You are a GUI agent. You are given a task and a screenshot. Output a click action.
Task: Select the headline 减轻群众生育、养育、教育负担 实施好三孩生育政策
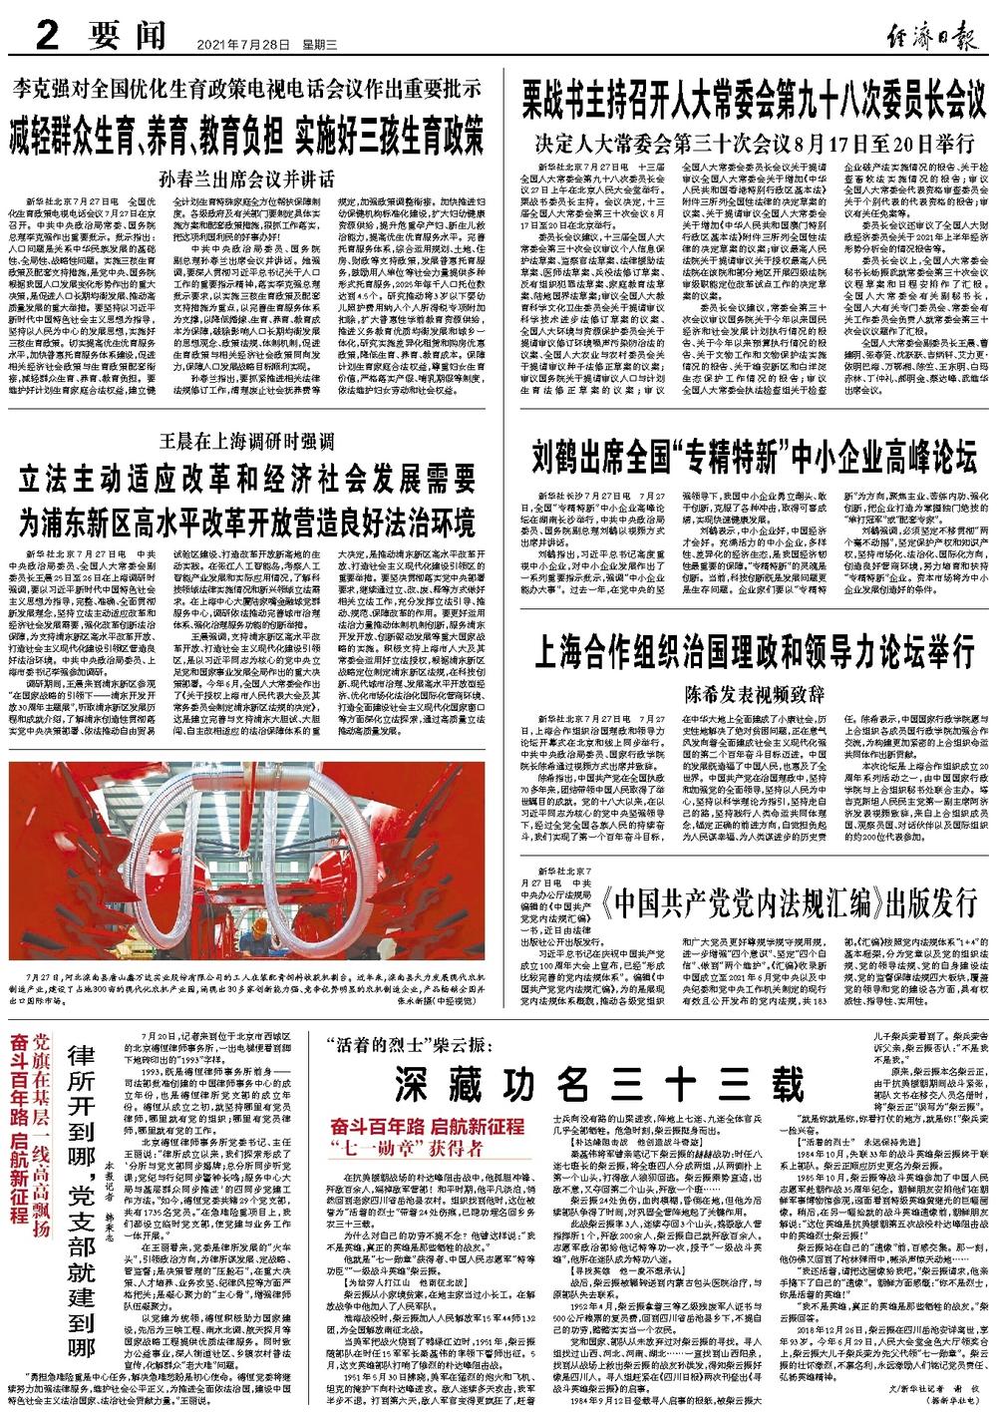(x=247, y=134)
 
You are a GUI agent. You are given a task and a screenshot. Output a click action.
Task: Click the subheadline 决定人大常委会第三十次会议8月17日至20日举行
(x=755, y=136)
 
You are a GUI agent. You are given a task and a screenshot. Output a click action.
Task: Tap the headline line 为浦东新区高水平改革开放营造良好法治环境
(x=246, y=521)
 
